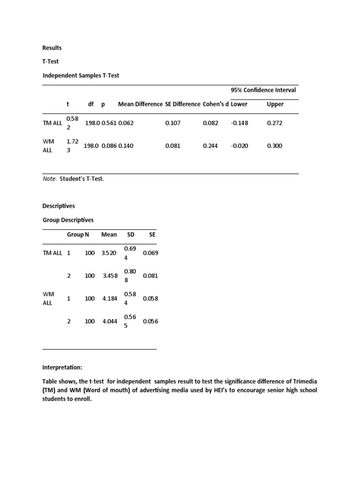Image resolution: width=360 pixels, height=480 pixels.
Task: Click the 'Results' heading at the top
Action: (52, 48)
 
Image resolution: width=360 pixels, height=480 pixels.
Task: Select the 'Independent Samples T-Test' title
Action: (81, 75)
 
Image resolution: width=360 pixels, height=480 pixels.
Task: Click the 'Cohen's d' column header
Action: (216, 104)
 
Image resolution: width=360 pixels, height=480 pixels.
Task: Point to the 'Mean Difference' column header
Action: (140, 104)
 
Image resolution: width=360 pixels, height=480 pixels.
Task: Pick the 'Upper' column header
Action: (275, 104)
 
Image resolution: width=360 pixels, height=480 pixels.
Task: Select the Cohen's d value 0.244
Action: (210, 146)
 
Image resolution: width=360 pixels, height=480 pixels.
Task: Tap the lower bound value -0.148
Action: (240, 123)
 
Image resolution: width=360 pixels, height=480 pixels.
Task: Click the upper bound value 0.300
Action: (274, 146)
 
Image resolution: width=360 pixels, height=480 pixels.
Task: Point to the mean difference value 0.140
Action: (126, 146)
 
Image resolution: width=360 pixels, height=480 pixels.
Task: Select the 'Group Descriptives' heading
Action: (68, 219)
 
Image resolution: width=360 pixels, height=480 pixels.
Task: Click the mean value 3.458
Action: (111, 276)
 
